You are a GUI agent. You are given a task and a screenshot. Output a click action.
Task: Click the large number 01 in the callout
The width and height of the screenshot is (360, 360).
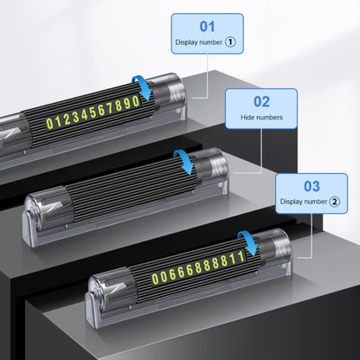coord(207,27)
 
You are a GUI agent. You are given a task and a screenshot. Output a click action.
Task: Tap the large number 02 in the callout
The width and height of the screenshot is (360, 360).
coord(261,101)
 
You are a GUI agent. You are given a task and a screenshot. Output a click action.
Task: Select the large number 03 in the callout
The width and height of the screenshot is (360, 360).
coord(312,186)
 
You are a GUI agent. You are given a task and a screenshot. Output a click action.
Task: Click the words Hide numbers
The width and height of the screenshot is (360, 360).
coord(261,118)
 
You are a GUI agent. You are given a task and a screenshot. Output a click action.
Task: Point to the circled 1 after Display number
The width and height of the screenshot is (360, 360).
coord(230,42)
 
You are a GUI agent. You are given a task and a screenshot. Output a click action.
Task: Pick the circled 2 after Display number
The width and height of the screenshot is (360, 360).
coord(335,202)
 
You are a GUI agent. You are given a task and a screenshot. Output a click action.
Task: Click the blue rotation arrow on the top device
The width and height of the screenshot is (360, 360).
coord(143,87)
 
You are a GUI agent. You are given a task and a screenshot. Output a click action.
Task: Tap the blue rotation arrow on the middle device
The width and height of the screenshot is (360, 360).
coord(184,162)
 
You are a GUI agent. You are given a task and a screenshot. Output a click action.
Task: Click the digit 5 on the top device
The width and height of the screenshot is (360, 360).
coord(93,113)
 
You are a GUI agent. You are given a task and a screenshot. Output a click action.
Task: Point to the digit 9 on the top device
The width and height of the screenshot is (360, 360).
coord(127,104)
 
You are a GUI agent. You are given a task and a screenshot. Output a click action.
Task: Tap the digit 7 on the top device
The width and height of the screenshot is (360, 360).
coord(110,109)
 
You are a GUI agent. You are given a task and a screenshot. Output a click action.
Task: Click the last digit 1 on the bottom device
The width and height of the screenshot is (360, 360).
coord(241,256)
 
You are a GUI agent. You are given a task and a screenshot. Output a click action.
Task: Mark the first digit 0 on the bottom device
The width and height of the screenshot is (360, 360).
coord(155,279)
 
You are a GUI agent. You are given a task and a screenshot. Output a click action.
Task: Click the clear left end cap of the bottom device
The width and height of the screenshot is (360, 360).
coord(112,288)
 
